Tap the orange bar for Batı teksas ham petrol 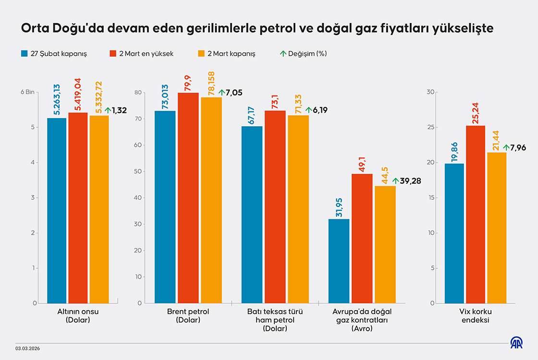tap(298, 209)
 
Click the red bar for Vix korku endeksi tap(475, 214)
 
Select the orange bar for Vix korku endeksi tap(496, 228)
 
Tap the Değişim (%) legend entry tap(303, 54)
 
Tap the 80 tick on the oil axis tap(138, 92)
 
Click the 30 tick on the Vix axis tap(431, 92)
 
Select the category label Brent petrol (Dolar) tap(188, 315)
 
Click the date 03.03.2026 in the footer tap(27, 348)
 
